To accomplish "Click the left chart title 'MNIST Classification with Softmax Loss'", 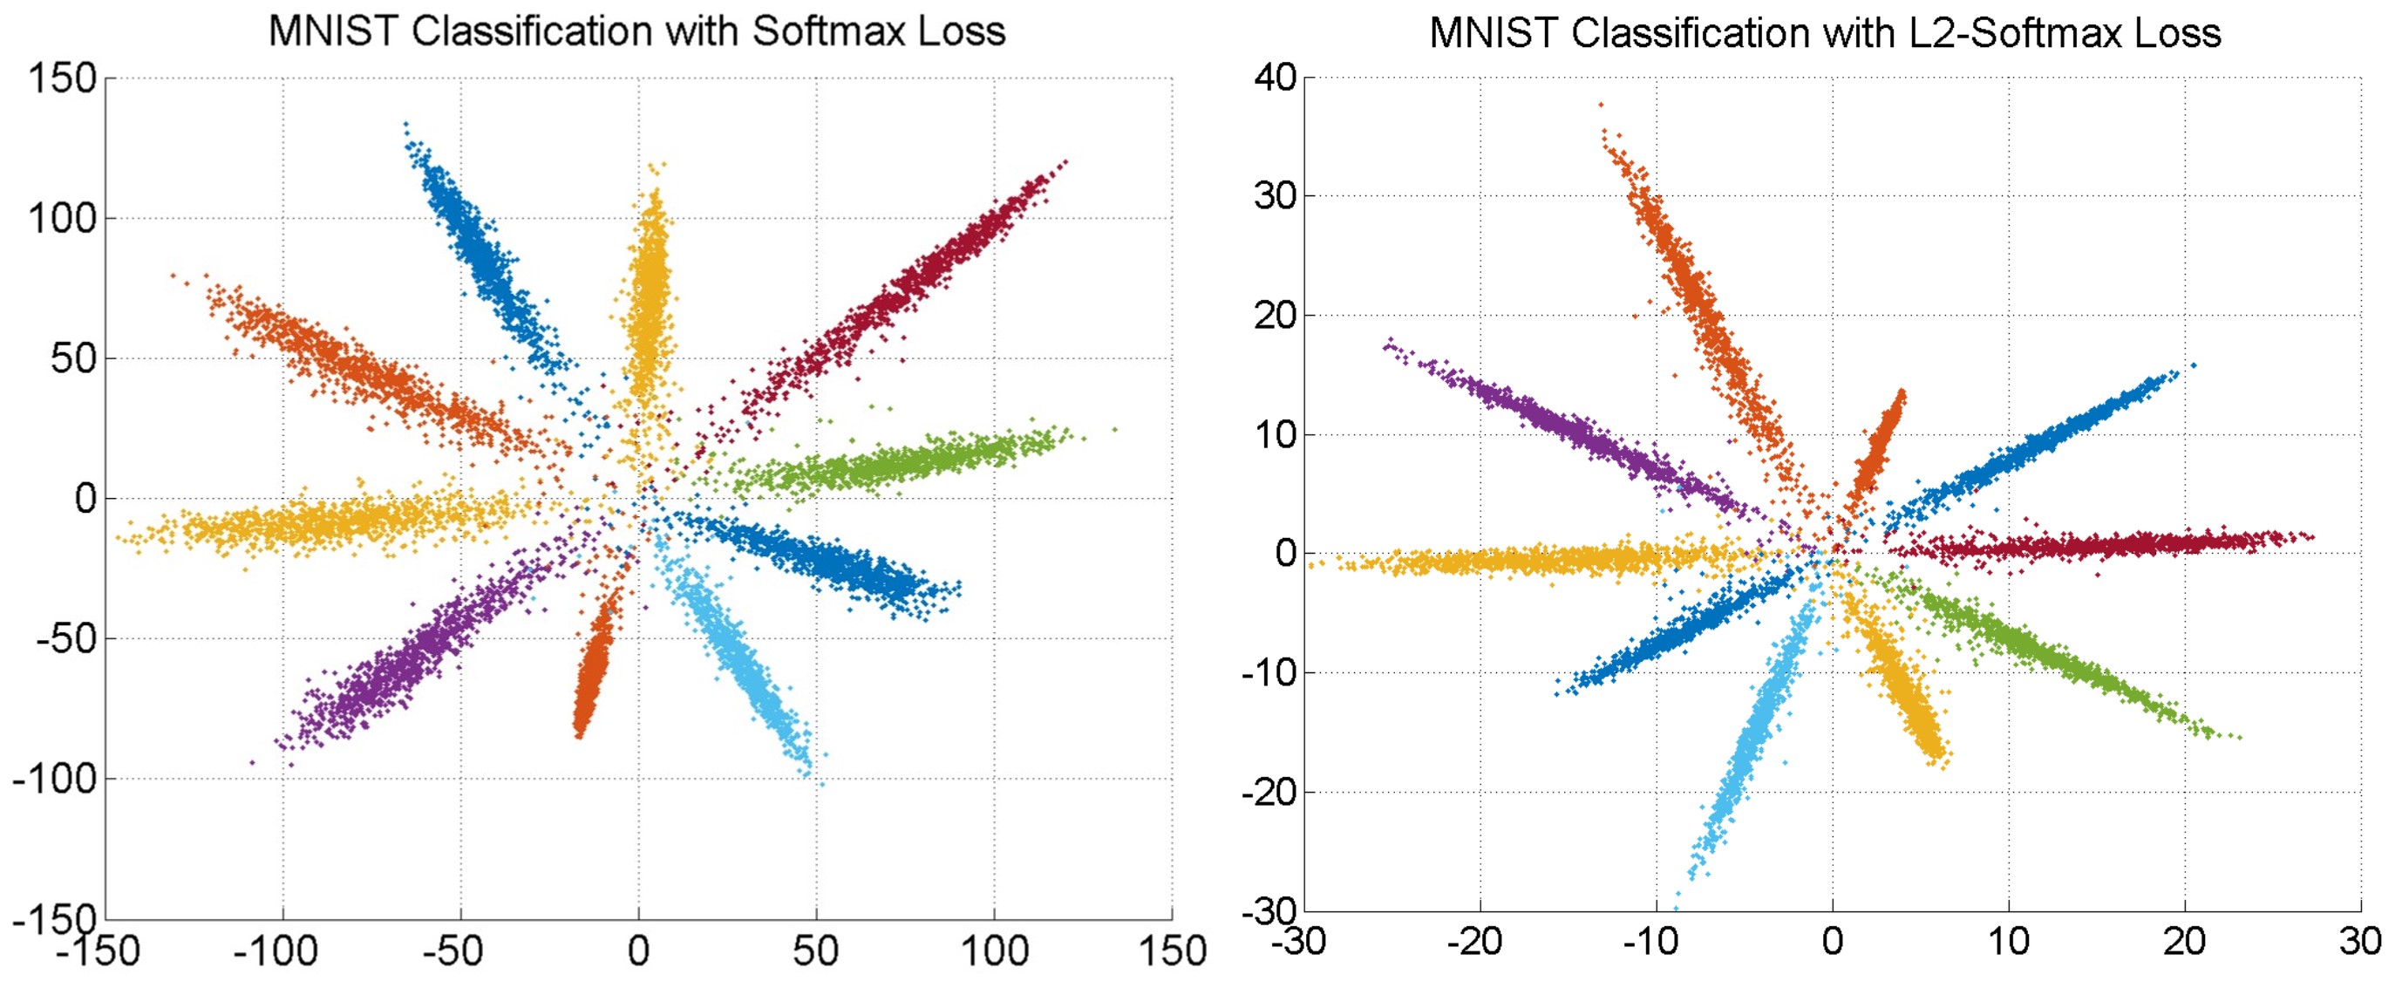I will click(x=636, y=31).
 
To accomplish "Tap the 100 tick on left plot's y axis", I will click(x=63, y=219).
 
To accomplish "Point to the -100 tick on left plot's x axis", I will click(x=275, y=951).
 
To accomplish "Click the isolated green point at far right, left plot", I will click(x=1114, y=430).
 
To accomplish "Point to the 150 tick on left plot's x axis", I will click(x=1172, y=951).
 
